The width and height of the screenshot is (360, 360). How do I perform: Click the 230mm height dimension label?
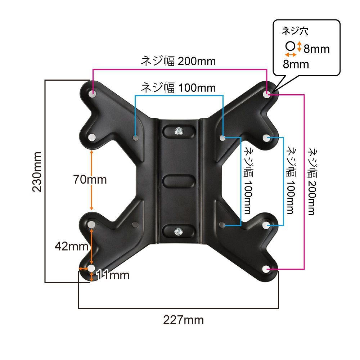(37, 172)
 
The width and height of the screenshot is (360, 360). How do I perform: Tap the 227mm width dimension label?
(184, 320)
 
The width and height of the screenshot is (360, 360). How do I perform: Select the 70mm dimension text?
(90, 179)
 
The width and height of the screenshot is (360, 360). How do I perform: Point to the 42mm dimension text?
(71, 246)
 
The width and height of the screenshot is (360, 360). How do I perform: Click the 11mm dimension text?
(112, 275)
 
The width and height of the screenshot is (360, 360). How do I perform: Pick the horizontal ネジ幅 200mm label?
(178, 61)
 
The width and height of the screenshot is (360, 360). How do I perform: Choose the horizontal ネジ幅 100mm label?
(178, 88)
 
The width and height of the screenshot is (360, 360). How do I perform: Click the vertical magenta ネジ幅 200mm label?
(312, 181)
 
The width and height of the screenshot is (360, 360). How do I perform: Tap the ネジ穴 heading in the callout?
(295, 31)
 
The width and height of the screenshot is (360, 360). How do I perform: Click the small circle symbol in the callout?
(291, 46)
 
